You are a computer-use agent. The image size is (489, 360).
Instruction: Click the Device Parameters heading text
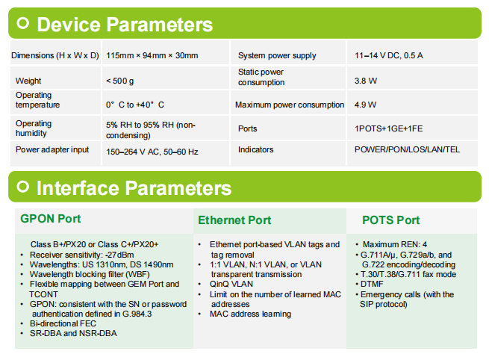125,25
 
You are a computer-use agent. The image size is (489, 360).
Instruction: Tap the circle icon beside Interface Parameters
22,187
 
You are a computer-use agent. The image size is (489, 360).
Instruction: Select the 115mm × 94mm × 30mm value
152,55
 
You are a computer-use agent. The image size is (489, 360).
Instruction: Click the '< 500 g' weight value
119,81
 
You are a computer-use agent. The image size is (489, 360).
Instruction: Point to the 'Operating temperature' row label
37,100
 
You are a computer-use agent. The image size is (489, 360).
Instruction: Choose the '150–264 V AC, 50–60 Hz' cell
152,152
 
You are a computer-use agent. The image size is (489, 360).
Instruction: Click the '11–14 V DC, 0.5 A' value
388,55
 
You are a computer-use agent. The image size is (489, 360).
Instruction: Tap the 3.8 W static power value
366,81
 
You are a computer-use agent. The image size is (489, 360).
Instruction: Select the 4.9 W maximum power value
365,105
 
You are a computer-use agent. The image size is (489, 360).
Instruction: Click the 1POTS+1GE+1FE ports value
388,128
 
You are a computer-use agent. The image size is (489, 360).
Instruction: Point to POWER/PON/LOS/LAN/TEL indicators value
407,149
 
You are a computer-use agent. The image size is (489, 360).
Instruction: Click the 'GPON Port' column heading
51,219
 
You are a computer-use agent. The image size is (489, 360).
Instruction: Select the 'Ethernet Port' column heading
234,220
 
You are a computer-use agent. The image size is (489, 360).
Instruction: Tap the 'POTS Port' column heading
390,220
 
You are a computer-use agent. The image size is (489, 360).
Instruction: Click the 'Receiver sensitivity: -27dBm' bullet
81,255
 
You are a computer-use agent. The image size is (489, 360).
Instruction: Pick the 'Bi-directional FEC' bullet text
63,323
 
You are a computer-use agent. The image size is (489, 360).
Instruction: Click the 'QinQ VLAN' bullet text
231,285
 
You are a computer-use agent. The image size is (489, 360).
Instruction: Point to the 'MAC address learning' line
250,314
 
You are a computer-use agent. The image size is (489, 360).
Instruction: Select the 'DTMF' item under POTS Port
372,285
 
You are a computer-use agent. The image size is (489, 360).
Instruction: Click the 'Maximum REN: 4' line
395,244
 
